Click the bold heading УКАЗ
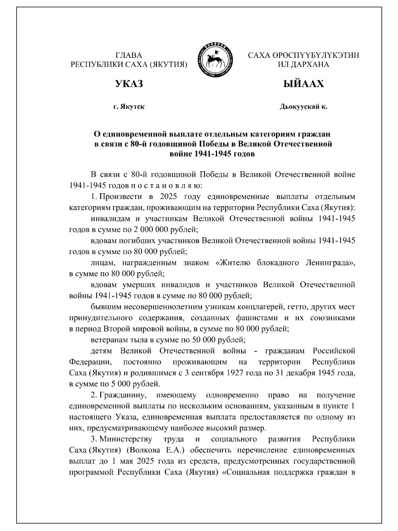point(129,84)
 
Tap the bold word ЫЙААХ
point(303,84)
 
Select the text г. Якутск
point(129,107)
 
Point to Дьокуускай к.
point(303,107)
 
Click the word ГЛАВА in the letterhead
point(129,55)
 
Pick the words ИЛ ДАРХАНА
point(303,64)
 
